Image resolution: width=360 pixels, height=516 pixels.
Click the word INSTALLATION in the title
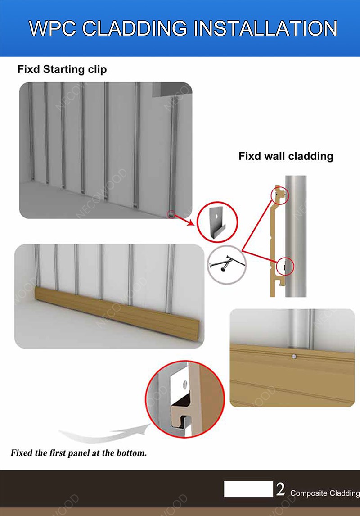click(x=265, y=28)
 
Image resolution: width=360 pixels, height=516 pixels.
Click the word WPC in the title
click(x=53, y=28)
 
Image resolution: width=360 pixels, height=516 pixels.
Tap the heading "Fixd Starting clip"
click(x=62, y=69)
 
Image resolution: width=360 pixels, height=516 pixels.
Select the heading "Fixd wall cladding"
click(x=286, y=156)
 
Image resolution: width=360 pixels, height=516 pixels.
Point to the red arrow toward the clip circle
click(x=184, y=221)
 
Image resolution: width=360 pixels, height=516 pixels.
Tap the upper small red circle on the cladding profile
click(x=280, y=195)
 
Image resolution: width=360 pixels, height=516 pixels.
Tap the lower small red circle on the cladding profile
click(x=285, y=266)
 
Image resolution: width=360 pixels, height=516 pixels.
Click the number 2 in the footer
click(x=280, y=489)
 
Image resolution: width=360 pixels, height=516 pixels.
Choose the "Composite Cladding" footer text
click(x=325, y=493)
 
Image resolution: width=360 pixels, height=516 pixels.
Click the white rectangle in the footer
click(x=248, y=489)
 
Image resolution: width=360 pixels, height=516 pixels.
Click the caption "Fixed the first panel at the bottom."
click(x=79, y=453)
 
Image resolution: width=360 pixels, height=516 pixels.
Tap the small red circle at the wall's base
click(x=171, y=215)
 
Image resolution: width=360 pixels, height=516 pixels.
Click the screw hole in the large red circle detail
click(x=185, y=383)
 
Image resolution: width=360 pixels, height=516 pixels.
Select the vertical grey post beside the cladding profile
click(x=296, y=236)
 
